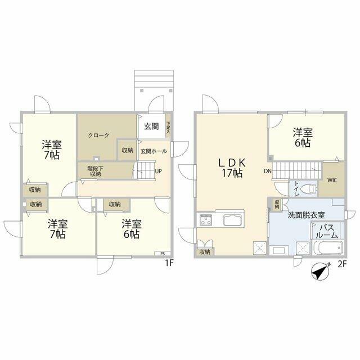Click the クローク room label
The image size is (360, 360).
(98, 135)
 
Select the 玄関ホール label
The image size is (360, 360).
(152, 151)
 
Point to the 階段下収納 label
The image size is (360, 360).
(94, 170)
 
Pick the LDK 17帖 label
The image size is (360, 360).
(231, 168)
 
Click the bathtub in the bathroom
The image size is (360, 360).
(327, 248)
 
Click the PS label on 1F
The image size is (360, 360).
(161, 253)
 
